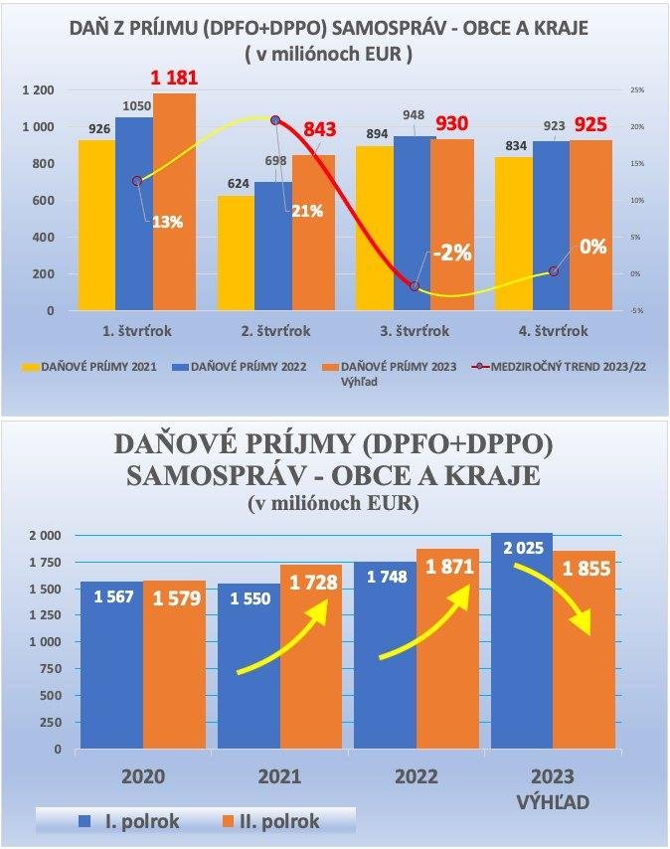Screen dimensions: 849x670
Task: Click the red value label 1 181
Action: (x=174, y=78)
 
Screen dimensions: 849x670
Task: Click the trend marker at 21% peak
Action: (x=275, y=120)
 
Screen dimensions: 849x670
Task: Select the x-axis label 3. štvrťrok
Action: (x=415, y=331)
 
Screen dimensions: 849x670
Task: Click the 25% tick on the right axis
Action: (x=637, y=90)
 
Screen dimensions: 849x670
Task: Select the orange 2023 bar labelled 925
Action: (x=591, y=225)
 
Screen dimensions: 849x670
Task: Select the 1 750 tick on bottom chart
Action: (x=45, y=562)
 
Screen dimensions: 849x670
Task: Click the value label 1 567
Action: (x=112, y=597)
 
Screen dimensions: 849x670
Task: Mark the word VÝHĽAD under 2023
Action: (x=553, y=797)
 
